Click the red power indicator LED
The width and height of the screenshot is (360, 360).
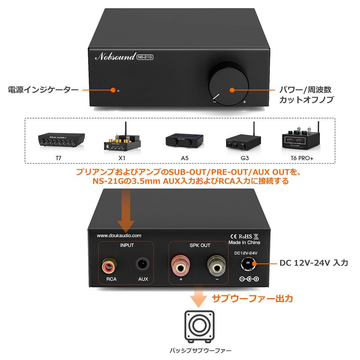coord(119,91)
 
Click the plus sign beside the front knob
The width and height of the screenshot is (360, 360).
coord(244,102)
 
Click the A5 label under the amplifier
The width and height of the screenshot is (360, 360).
coord(185,158)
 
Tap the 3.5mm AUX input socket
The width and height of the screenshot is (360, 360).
coord(143,265)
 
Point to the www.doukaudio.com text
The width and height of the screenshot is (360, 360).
coord(120,236)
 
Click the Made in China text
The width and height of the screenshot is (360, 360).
coord(244,242)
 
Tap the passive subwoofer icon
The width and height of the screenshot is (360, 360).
coord(199,327)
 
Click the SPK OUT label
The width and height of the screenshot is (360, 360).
coord(200,245)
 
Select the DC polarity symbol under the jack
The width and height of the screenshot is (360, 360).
coord(249,279)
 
